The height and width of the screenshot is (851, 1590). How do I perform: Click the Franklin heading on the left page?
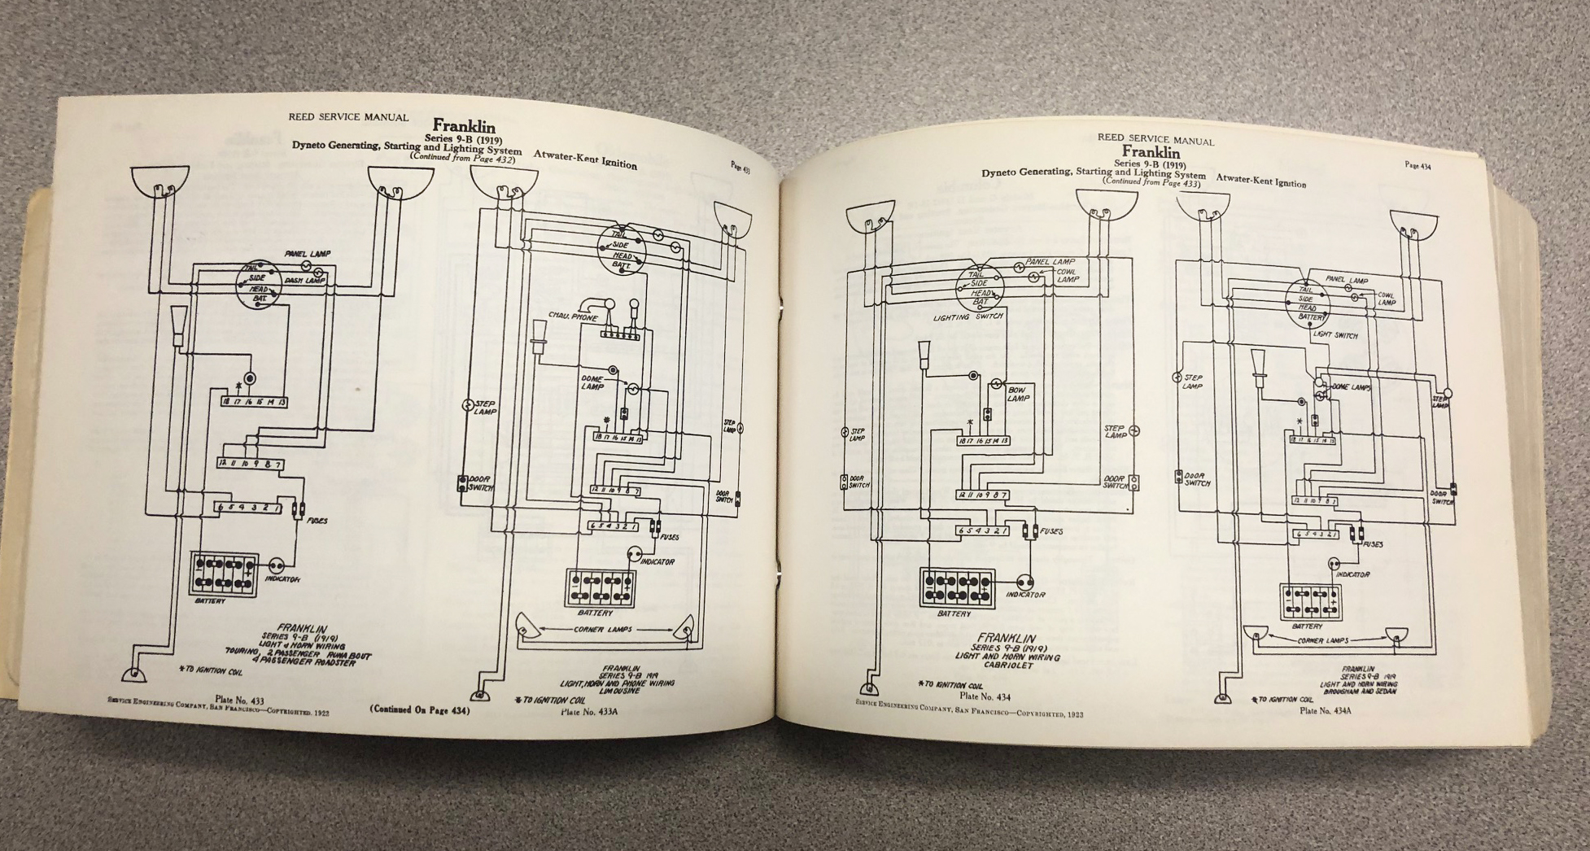[463, 126]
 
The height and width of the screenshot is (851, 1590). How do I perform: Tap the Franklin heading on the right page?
[1151, 152]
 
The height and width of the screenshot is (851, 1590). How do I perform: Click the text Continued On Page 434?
[420, 709]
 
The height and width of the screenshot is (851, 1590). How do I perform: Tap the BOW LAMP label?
[1018, 394]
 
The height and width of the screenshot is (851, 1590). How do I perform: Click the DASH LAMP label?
[304, 281]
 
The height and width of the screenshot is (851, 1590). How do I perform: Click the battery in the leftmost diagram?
[225, 574]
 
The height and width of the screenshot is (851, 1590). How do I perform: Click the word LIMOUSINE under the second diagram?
[617, 691]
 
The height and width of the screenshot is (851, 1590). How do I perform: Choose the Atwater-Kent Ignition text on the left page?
[585, 159]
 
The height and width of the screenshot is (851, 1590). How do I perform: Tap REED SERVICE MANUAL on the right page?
[1155, 138]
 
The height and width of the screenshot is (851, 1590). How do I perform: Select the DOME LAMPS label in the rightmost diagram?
[1352, 387]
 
